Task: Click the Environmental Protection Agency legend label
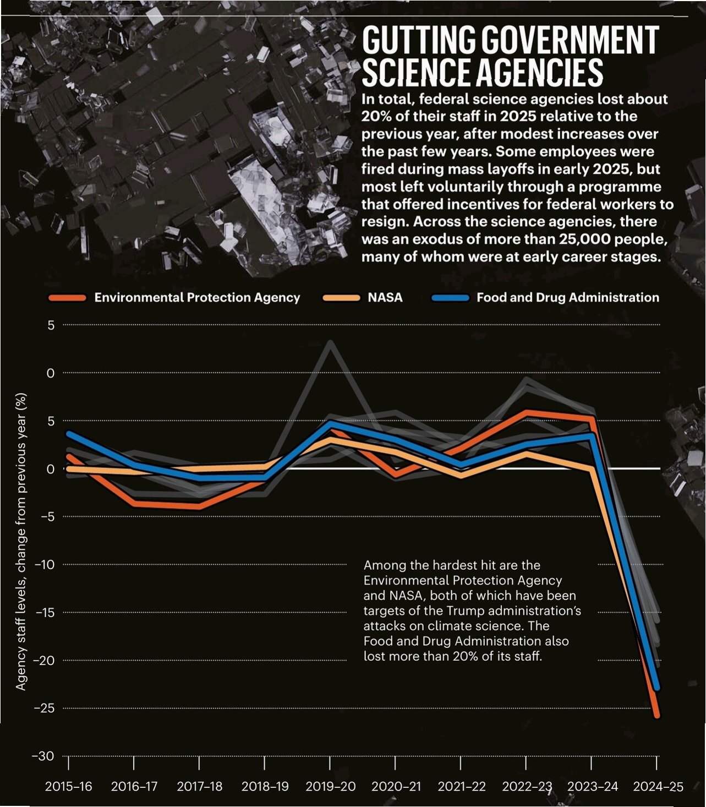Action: (197, 297)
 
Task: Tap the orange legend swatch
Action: (67, 298)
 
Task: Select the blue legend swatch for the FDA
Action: (451, 298)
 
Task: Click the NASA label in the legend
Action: (385, 297)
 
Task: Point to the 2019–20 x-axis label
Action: (330, 787)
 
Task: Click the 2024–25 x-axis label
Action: (658, 787)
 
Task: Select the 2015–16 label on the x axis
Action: (69, 787)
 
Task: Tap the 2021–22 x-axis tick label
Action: (461, 787)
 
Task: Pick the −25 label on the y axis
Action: (44, 708)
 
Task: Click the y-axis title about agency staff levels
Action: (20, 542)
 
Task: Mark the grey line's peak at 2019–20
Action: (331, 342)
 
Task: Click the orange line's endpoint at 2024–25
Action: (656, 716)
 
